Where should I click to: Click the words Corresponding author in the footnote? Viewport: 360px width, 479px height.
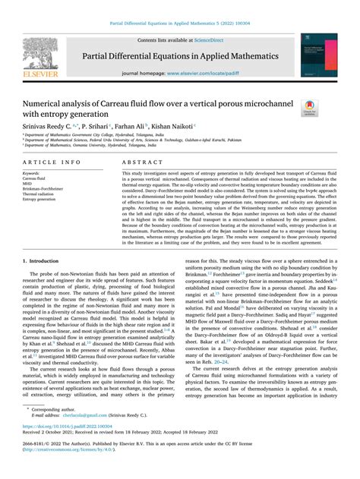coord(58,430)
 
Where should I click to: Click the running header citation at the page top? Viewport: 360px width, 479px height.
coord(179,24)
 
